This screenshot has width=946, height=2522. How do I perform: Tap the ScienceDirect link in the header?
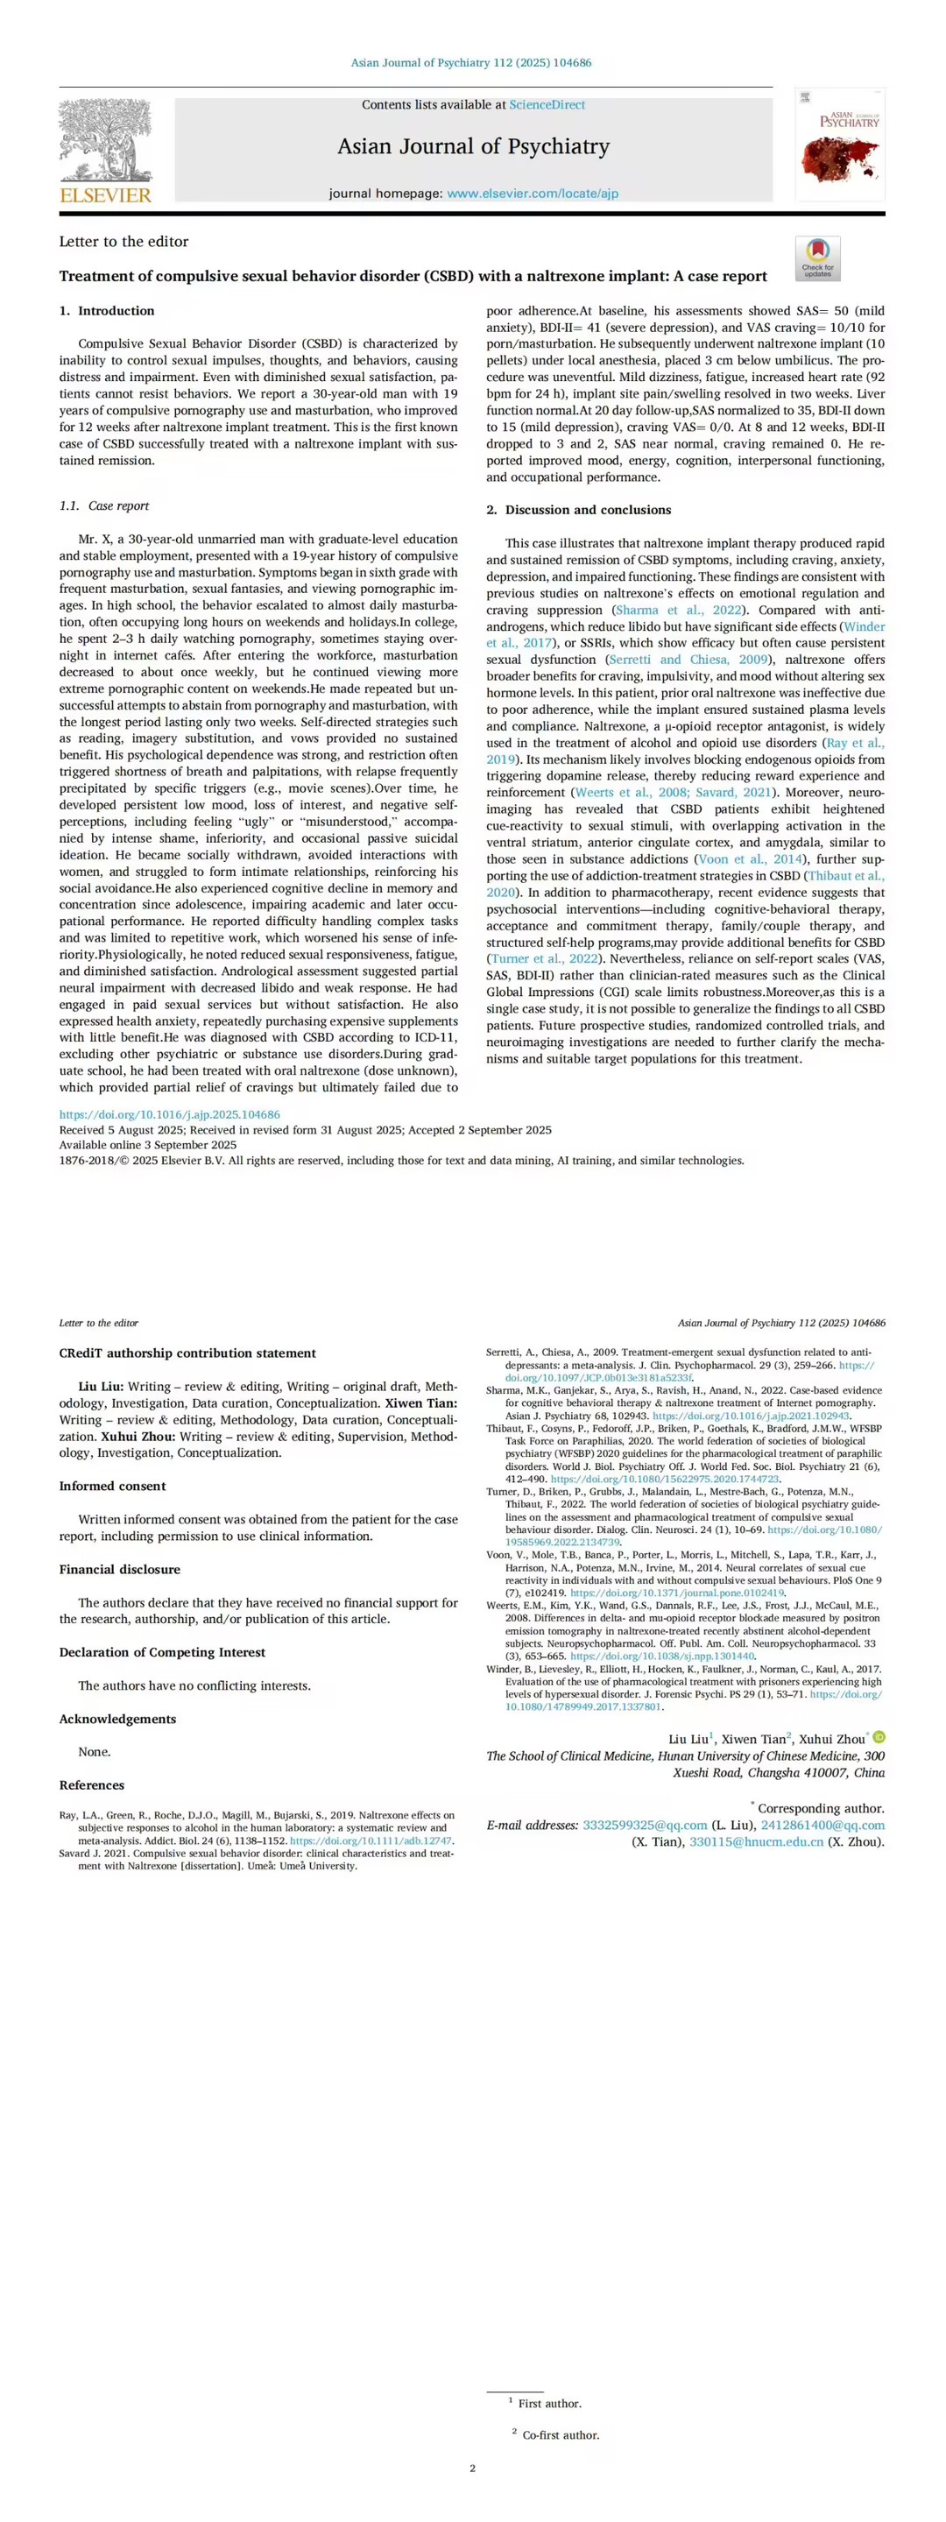[x=547, y=105]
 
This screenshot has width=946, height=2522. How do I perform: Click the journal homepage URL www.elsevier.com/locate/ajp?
[x=533, y=194]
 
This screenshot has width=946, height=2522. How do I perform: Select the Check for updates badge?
[x=818, y=258]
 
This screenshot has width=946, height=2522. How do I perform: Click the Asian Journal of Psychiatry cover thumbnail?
[x=839, y=145]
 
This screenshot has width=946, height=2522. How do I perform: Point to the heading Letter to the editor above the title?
[x=124, y=242]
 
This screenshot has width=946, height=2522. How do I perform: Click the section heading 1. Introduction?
[x=107, y=311]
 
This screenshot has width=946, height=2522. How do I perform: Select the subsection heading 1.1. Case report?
[x=104, y=506]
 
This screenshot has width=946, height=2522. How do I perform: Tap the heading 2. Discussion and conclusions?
[x=579, y=510]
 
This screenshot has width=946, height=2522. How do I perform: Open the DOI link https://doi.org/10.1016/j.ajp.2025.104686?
[x=169, y=1114]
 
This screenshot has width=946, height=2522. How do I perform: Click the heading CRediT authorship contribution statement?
[x=187, y=1353]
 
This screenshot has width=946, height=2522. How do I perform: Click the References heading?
[x=91, y=1784]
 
